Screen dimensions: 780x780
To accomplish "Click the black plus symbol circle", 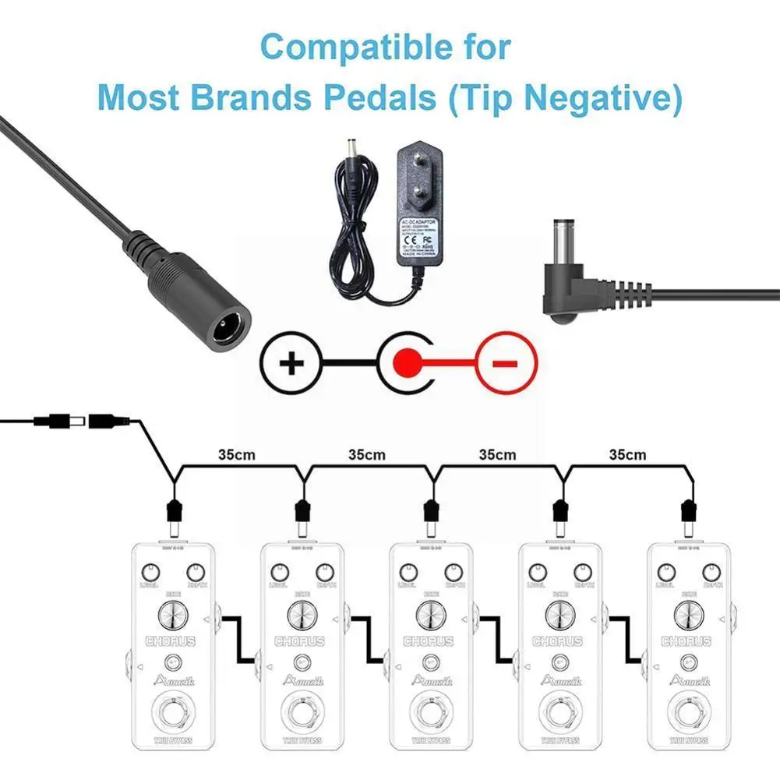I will pyautogui.click(x=291, y=362).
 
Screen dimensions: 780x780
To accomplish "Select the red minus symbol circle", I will pyautogui.click(x=506, y=362).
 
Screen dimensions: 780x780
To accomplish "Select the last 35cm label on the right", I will pyautogui.click(x=628, y=454).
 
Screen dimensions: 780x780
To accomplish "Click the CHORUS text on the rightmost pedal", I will pyautogui.click(x=686, y=641).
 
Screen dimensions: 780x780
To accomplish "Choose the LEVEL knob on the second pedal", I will pyautogui.click(x=276, y=570).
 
